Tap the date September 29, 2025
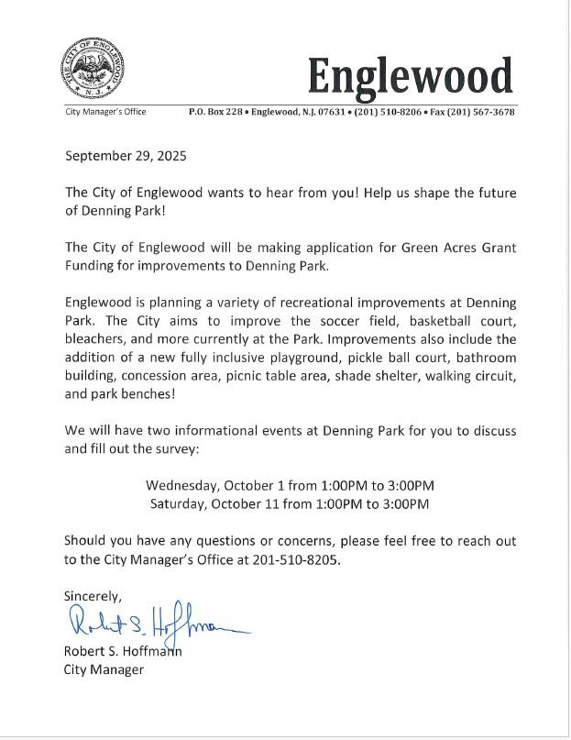pyautogui.click(x=126, y=156)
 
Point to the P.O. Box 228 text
pyautogui.click(x=215, y=112)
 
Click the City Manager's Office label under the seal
pyautogui.click(x=105, y=112)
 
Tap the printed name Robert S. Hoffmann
pyautogui.click(x=123, y=652)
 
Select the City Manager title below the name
pyautogui.click(x=104, y=669)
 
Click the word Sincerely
pyautogui.click(x=92, y=596)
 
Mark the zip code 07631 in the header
pyautogui.click(x=325, y=112)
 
